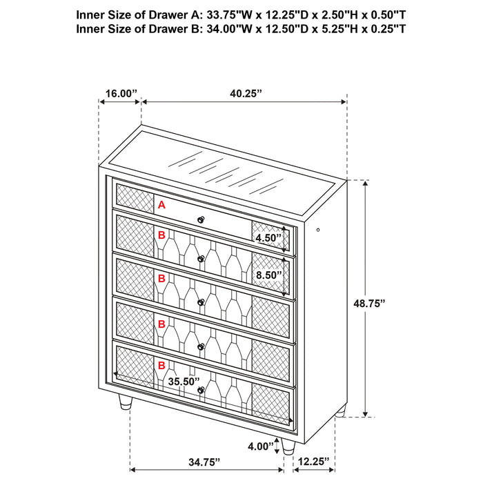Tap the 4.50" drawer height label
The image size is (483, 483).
point(269,239)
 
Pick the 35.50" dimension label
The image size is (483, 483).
point(183,381)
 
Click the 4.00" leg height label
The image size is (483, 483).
point(261,446)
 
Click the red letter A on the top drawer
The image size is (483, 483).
point(161,205)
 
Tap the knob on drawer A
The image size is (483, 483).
point(201,219)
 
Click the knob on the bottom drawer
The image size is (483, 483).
point(201,391)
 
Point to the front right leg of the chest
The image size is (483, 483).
point(288,445)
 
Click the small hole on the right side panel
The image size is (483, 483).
point(318,230)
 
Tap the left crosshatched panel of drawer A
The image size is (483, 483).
point(134,197)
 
